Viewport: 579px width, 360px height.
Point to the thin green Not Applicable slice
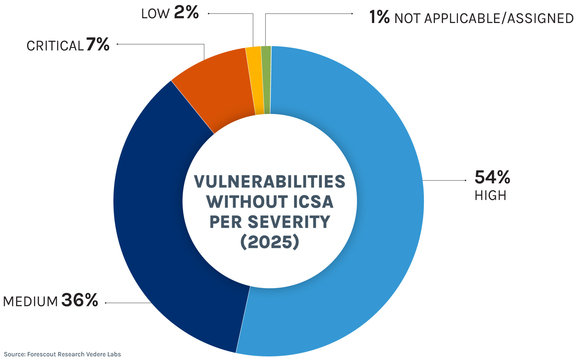[x=266, y=80]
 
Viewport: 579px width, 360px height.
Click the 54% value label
[x=492, y=177]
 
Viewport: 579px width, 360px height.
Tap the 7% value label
[x=98, y=44]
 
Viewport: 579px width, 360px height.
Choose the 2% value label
[x=186, y=13]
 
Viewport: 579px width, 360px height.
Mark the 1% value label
[x=379, y=17]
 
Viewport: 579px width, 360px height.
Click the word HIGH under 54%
[x=490, y=196]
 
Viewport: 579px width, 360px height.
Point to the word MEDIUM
[x=31, y=302]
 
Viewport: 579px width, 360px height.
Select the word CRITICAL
[x=55, y=46]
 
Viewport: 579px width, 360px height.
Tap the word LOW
[x=155, y=14]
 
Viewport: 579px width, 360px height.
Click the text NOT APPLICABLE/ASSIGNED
[x=484, y=18]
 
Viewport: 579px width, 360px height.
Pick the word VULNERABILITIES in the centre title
[x=269, y=182]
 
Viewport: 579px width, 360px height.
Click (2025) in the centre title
[x=269, y=242]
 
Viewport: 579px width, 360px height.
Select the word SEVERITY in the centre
[x=289, y=222]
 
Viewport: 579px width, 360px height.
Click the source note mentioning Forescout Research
[x=62, y=354]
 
